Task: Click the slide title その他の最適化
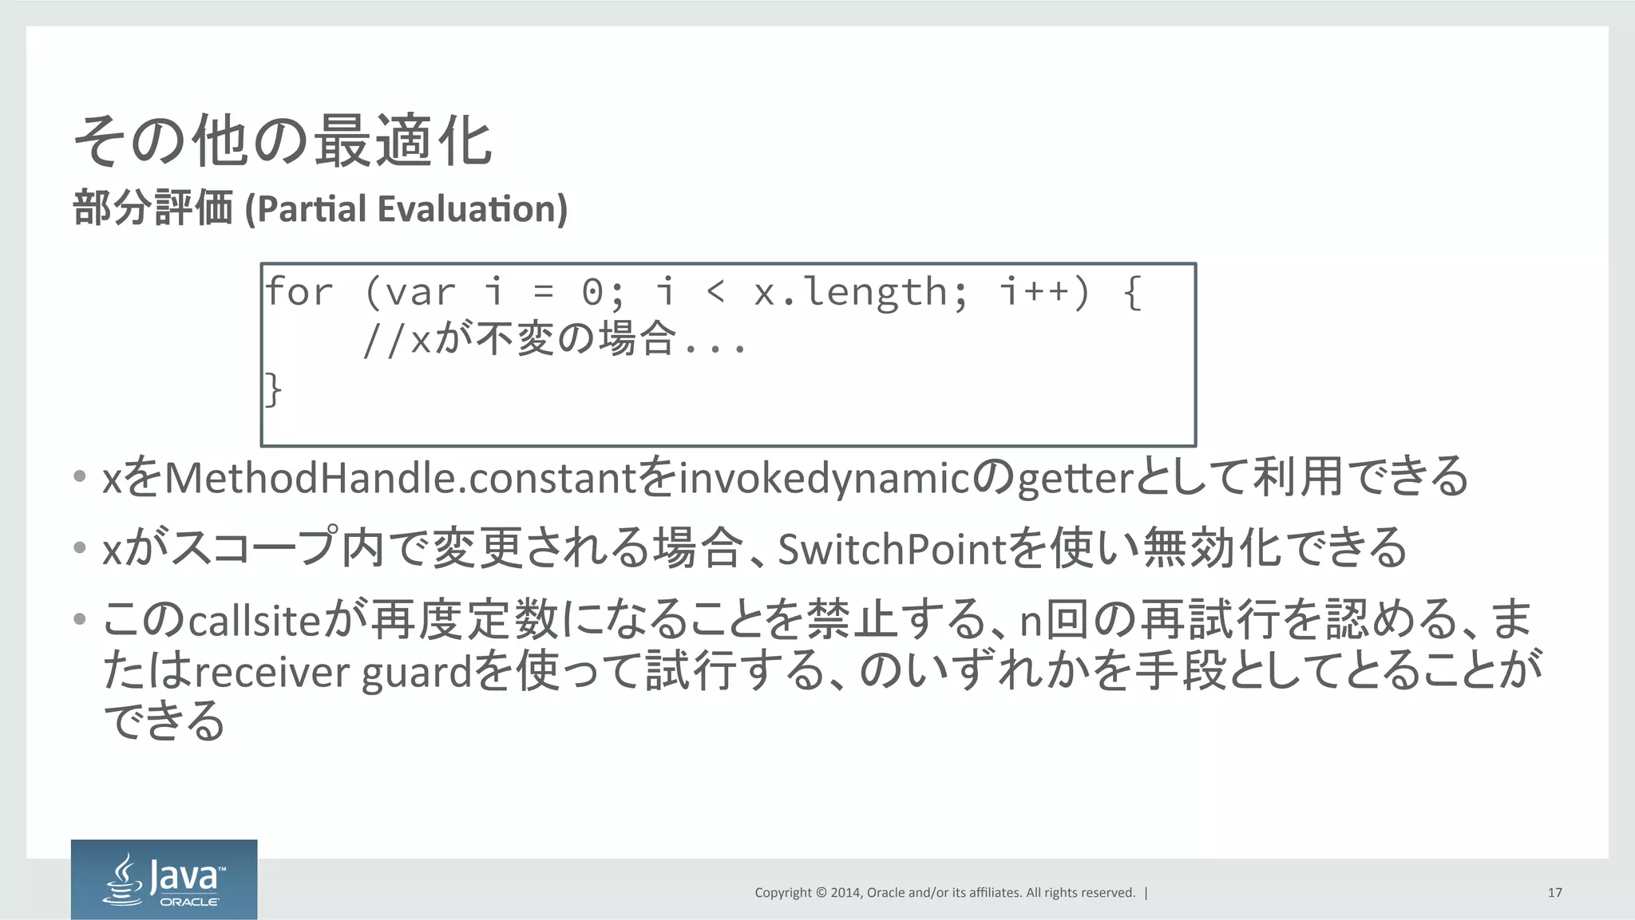point(283,140)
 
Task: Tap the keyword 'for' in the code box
point(299,292)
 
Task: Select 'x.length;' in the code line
point(861,292)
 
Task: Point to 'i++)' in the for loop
point(1044,292)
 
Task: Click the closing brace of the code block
point(273,389)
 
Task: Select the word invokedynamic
point(823,478)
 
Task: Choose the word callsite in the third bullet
point(254,621)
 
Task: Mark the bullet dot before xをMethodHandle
point(79,477)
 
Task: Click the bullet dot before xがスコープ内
point(79,547)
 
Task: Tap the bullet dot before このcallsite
point(79,618)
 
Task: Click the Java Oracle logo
point(164,879)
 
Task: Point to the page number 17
point(1554,893)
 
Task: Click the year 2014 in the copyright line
point(845,893)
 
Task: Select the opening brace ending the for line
point(1133,292)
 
